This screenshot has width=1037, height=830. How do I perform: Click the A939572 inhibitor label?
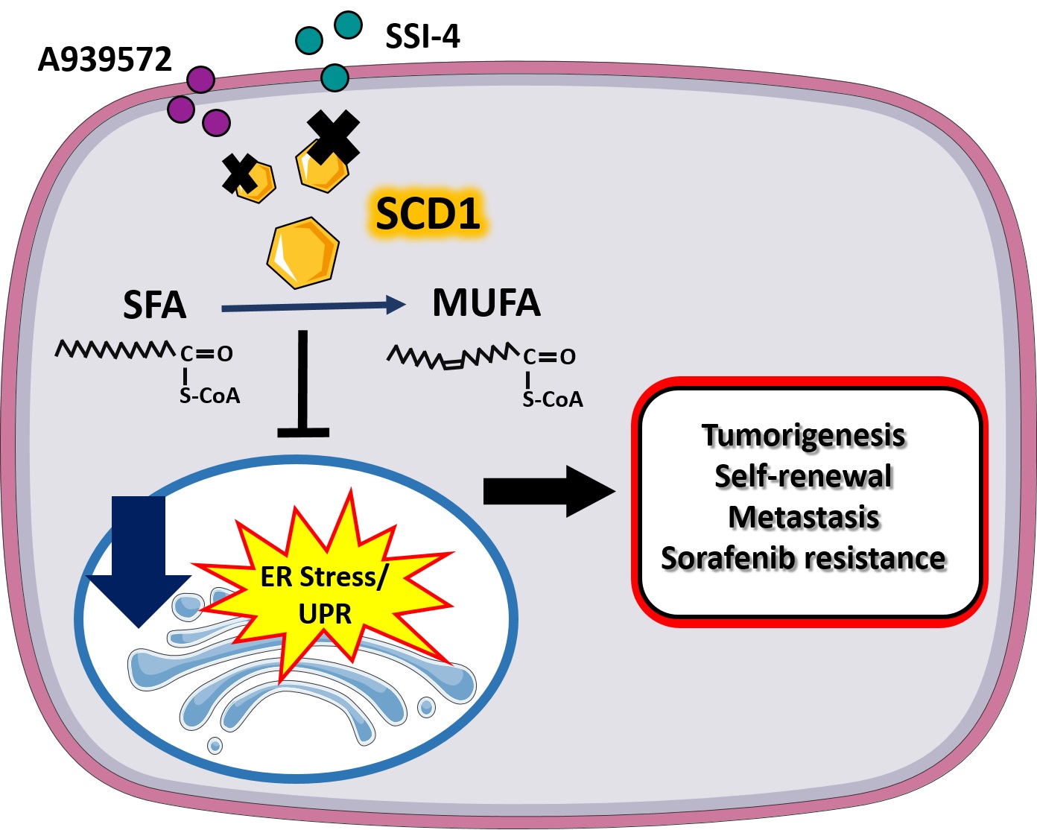click(105, 60)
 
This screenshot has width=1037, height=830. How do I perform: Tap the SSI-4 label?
click(422, 35)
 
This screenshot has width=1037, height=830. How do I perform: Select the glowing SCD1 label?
click(428, 214)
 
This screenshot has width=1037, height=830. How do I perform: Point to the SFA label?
click(154, 305)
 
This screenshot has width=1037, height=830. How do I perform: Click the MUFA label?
click(486, 302)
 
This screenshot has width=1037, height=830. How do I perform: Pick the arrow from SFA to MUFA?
click(313, 305)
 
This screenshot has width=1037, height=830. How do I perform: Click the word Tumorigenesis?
click(804, 435)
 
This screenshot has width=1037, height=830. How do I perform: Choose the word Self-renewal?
click(803, 476)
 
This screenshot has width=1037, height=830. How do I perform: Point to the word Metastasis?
click(804, 517)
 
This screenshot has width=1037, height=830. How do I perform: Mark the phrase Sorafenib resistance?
click(803, 558)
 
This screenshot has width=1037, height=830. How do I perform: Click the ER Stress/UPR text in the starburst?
click(325, 595)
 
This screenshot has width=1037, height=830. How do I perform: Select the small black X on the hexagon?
click(240, 173)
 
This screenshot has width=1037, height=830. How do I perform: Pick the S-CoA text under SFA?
click(210, 396)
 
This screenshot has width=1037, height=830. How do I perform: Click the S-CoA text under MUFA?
click(553, 400)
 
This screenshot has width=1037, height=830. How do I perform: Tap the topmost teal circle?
click(348, 24)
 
